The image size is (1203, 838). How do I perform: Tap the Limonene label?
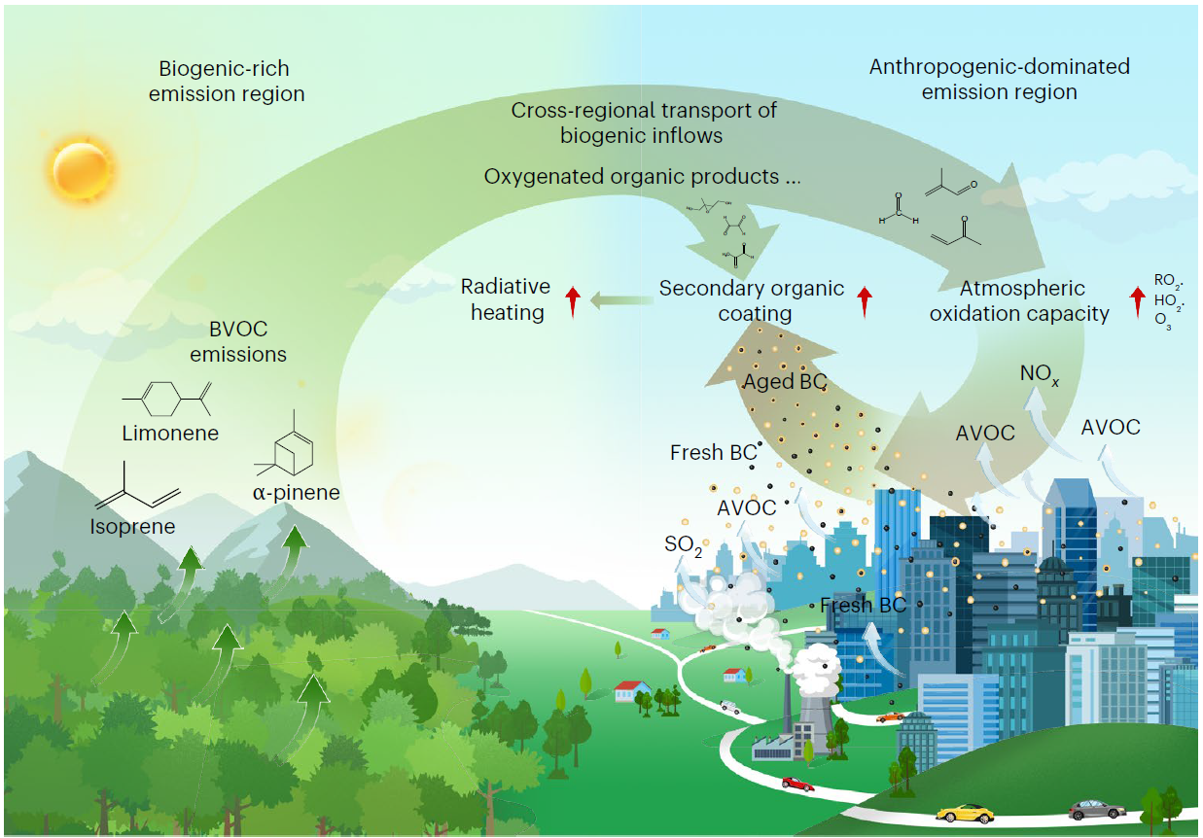[170, 434]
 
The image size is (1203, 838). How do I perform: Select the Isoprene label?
[132, 527]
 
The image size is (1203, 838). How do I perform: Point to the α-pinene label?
[297, 493]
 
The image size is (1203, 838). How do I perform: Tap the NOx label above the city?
[1040, 373]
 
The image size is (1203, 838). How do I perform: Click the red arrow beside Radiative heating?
[573, 301]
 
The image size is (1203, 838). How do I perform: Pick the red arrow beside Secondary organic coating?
[864, 301]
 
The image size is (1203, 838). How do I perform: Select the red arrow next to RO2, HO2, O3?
[1135, 301]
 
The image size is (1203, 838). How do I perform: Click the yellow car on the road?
[965, 812]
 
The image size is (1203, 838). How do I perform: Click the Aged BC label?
[785, 382]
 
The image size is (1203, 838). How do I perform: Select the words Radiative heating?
[506, 300]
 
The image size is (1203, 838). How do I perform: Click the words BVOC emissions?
[238, 340]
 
